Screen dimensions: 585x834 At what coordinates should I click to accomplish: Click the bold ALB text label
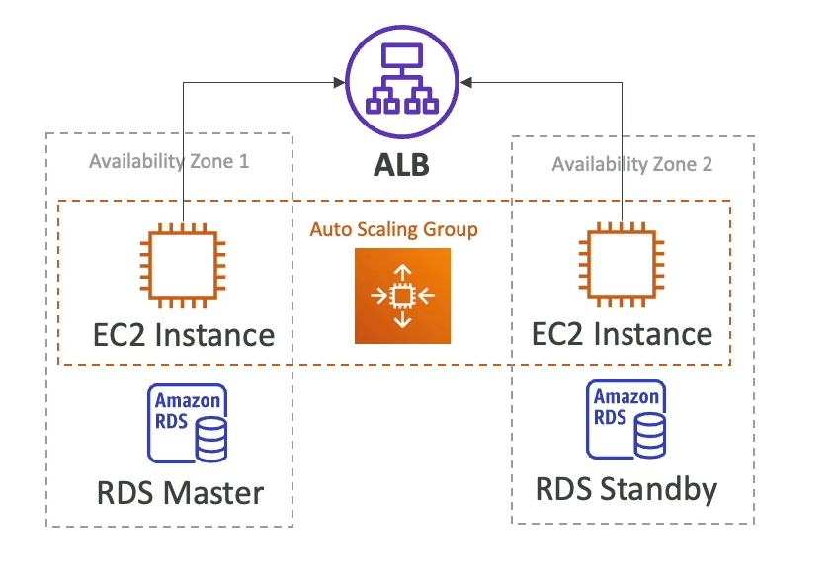tap(401, 165)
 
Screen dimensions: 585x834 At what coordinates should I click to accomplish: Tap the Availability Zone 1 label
tap(169, 160)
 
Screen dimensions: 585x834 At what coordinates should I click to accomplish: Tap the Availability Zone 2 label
tap(632, 164)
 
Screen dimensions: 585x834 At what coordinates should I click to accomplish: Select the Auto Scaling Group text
tap(394, 229)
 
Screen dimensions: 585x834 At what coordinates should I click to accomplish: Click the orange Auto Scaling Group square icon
tap(401, 295)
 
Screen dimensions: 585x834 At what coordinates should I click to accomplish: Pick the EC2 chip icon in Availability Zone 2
tap(624, 264)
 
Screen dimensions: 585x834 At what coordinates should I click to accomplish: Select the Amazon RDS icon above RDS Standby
tap(625, 420)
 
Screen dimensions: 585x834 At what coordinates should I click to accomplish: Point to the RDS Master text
tap(181, 492)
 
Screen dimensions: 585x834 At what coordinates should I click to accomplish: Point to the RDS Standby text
tap(626, 488)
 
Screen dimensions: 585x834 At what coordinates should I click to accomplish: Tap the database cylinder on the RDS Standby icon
tap(649, 436)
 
